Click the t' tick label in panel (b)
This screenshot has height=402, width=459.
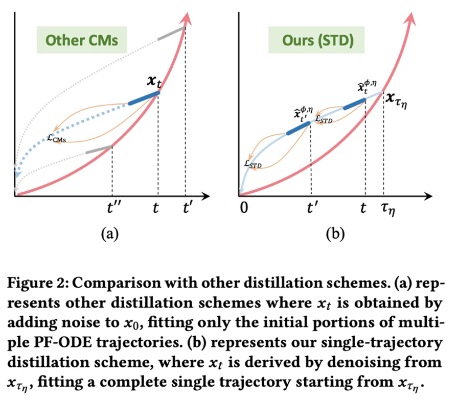pyautogui.click(x=311, y=208)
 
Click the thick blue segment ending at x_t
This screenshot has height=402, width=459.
pyautogui.click(x=144, y=98)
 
